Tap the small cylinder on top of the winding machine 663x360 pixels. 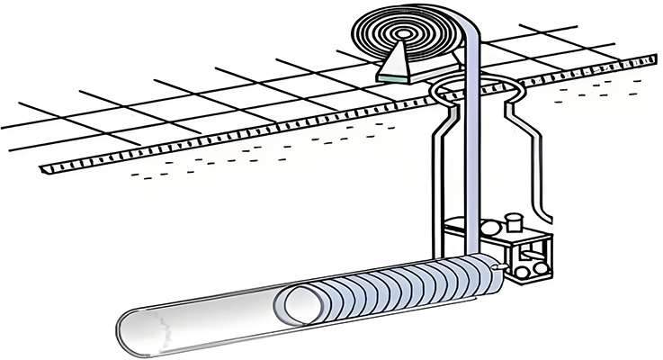click(515, 220)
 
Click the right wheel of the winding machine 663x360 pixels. click(536, 267)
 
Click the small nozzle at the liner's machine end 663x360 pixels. click(499, 265)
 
